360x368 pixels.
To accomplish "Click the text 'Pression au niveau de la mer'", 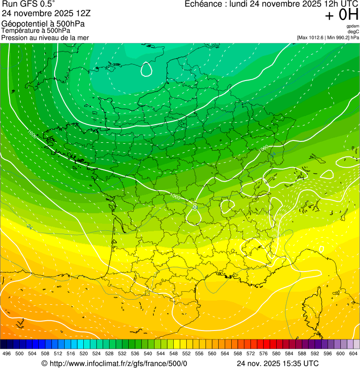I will [45, 37].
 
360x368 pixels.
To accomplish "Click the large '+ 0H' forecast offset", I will [341, 15].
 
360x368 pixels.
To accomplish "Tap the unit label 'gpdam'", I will [353, 26].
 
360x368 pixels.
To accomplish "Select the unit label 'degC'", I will [353, 31].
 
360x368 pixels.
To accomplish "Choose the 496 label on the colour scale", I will [7, 353].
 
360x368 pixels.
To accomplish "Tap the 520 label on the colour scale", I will [84, 353].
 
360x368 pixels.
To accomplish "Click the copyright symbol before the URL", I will [44, 363].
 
